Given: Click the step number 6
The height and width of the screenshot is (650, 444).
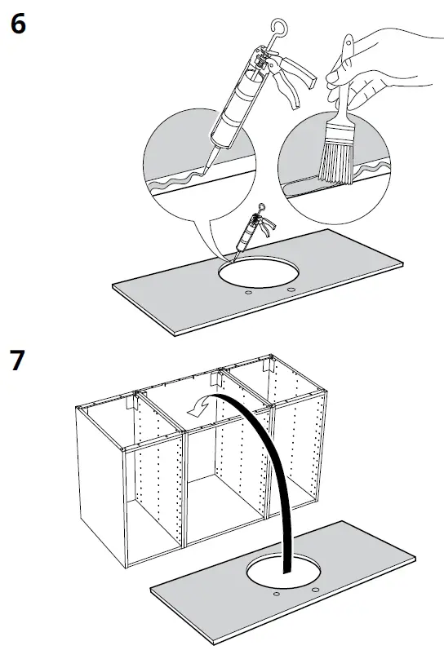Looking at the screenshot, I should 18,24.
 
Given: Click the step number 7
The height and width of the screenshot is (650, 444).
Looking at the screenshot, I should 18,360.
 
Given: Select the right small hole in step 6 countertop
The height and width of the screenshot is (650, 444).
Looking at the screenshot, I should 290,290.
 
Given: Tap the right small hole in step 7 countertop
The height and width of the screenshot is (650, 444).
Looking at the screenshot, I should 314,589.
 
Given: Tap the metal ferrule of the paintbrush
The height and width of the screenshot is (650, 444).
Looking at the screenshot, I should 335,122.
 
